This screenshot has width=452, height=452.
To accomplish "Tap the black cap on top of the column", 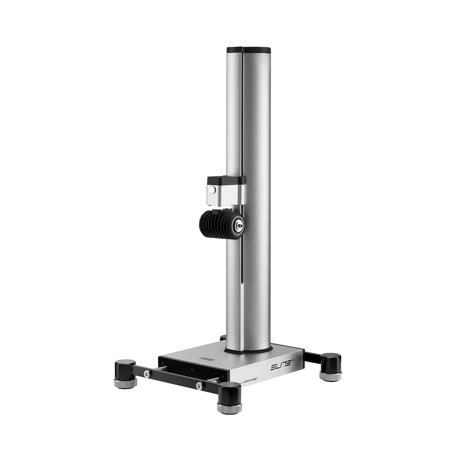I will [249, 49].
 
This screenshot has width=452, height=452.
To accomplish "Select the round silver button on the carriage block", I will [213, 191].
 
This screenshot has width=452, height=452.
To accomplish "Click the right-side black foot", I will [331, 362].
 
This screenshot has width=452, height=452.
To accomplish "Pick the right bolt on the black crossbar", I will [198, 386].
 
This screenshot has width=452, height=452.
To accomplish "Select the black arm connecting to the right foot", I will [312, 358].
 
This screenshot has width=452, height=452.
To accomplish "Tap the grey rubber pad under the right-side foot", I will [331, 376].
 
